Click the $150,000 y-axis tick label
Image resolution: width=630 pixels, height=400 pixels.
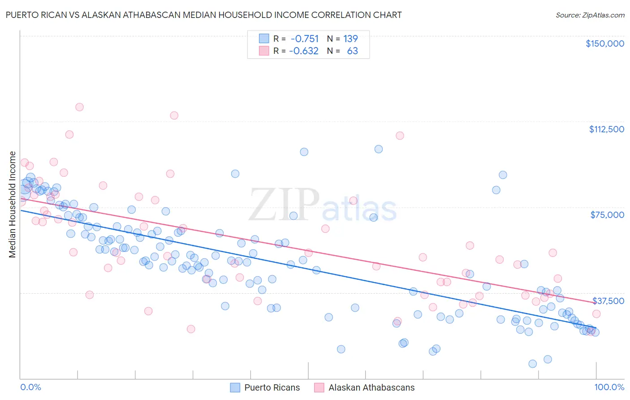point(604,43)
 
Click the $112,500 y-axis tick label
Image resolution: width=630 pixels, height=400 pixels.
point(606,129)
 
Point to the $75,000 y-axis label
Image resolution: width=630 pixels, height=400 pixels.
point(607,215)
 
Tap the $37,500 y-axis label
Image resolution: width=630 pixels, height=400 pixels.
point(608,301)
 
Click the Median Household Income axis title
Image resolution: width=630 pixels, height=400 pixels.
point(12,204)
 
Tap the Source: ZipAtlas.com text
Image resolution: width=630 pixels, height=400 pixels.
point(590,15)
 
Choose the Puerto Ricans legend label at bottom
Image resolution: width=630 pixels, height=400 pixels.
point(272,387)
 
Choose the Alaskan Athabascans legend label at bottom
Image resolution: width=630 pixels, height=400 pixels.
point(371,387)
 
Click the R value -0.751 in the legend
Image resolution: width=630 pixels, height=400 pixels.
point(305,39)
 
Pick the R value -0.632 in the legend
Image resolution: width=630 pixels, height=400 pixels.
point(304,51)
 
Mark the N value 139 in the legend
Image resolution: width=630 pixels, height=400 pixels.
point(350,39)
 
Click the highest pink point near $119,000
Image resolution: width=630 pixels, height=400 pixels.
point(79,107)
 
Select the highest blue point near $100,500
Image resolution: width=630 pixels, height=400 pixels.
point(379,149)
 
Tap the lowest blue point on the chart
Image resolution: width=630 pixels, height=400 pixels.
point(532,364)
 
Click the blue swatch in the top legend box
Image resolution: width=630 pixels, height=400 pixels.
point(264,39)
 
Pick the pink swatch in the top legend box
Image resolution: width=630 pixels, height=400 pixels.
point(264,51)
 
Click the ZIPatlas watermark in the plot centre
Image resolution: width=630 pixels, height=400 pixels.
point(323,205)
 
